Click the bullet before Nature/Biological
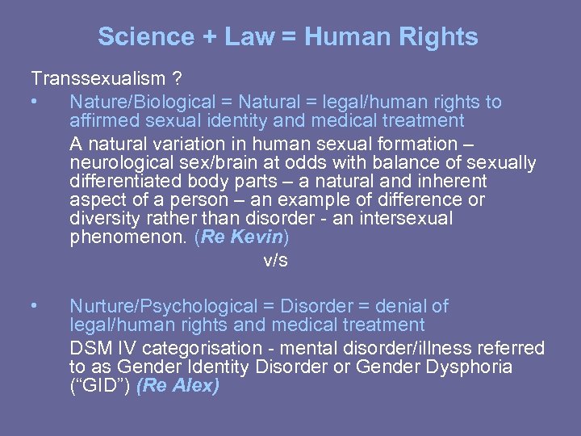tap(33, 103)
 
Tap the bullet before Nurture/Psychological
tap(33, 307)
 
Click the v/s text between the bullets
tap(275, 261)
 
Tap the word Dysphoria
tap(471, 367)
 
